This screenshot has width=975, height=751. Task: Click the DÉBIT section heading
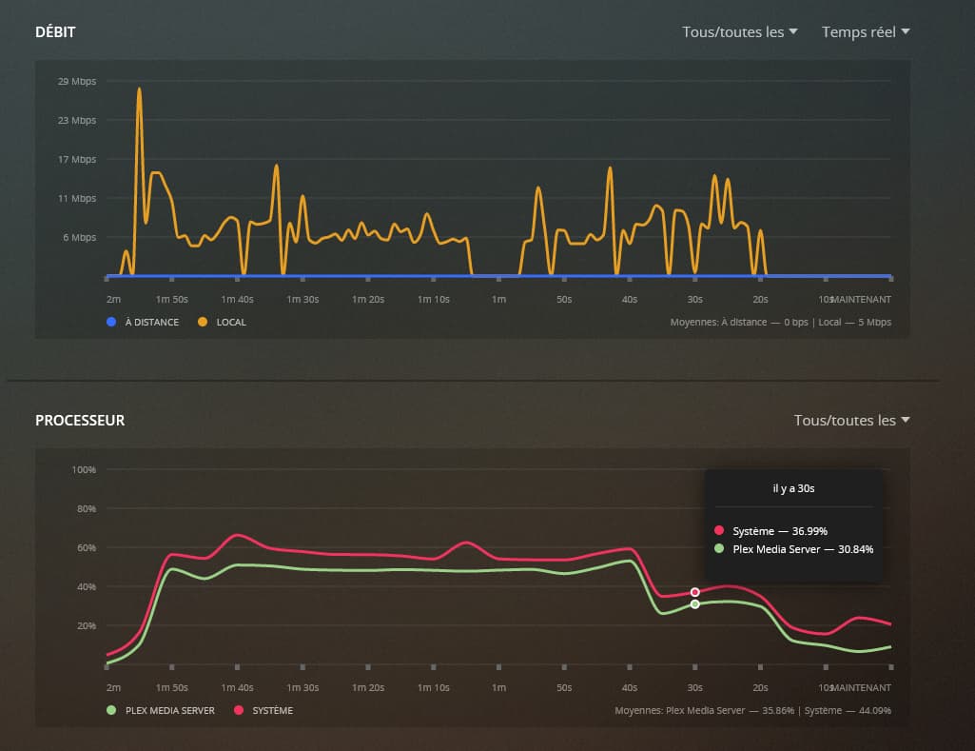pos(55,32)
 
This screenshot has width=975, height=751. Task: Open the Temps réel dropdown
pos(866,31)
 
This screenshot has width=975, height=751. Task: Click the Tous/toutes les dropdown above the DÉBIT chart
pos(739,31)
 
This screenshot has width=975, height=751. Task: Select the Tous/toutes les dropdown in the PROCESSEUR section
pos(851,420)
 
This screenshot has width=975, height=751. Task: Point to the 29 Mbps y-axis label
pos(77,81)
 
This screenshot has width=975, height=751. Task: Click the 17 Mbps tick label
pos(77,159)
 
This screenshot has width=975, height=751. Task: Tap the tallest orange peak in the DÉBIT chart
pos(139,89)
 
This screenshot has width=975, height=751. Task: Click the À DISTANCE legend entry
pos(144,322)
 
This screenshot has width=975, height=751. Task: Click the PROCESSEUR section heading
pos(80,420)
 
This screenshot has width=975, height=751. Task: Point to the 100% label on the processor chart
pos(84,469)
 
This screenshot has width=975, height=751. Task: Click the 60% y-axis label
pos(86,547)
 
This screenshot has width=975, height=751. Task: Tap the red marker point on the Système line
pos(695,592)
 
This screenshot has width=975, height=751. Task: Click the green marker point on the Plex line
pos(695,604)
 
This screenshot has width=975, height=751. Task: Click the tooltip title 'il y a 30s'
pos(793,488)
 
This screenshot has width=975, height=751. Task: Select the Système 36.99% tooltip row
pos(793,530)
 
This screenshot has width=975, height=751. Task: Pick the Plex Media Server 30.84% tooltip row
pos(793,548)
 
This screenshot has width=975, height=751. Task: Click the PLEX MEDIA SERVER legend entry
pos(162,710)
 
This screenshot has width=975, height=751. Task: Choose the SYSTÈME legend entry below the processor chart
pos(264,710)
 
